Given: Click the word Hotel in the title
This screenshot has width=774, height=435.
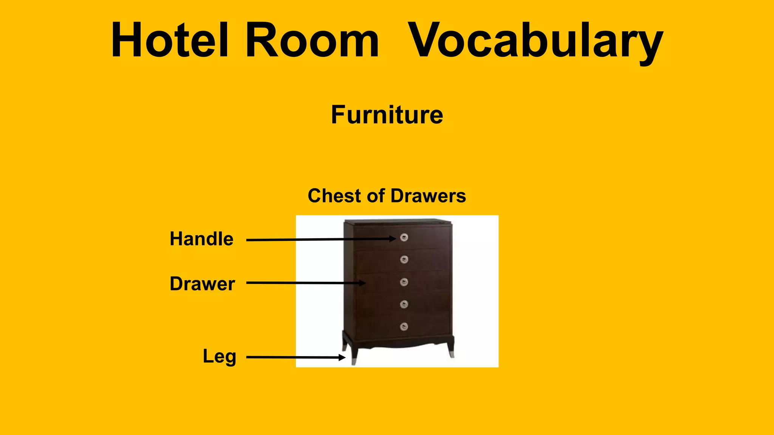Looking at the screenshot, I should click(170, 40).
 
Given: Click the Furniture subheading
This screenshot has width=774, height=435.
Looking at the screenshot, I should click(387, 115).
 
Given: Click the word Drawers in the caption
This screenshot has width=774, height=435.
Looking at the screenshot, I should click(428, 196).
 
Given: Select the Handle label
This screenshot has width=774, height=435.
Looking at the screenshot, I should click(201, 239).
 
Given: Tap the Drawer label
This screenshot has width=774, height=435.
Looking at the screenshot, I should click(202, 284).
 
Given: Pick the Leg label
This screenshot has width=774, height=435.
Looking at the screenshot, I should click(219, 356).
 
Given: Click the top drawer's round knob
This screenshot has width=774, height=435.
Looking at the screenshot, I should click(404, 238).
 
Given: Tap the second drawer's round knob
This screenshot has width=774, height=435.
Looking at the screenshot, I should click(404, 259).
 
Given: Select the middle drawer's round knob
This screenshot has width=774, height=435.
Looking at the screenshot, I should click(404, 282).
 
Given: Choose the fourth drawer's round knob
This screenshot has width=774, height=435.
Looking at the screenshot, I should click(404, 304).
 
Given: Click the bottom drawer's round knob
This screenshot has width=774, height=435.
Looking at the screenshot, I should click(404, 327).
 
